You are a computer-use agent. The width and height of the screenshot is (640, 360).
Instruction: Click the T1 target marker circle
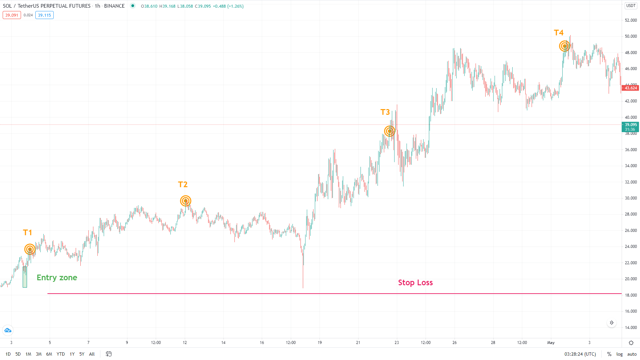pos(30,249)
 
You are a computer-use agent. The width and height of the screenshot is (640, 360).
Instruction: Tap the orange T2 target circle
pos(185,201)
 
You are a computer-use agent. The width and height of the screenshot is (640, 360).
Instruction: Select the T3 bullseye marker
pos(389,131)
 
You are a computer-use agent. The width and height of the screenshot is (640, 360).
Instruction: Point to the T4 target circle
pos(564,46)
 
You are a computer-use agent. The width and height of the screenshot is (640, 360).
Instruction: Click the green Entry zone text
pos(57,278)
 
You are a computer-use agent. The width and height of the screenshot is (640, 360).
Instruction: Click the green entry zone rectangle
pos(25,277)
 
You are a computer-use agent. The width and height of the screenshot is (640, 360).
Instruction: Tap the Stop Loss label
pos(415,283)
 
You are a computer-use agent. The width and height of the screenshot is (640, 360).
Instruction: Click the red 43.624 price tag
pos(630,88)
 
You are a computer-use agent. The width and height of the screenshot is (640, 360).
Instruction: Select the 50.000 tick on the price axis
pos(631,36)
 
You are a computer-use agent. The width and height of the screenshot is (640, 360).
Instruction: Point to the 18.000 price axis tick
pos(631,295)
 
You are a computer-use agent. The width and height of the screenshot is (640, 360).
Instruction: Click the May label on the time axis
pos(551,343)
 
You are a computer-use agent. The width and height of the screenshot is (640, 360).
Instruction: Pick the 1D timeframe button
pos(8,354)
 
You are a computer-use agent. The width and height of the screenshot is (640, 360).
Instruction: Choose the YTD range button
pos(61,354)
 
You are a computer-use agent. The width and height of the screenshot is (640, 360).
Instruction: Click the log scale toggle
pos(619,354)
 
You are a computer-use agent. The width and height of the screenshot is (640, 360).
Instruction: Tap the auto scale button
pos(632,354)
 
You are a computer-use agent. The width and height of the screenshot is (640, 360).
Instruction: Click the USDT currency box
pos(631,6)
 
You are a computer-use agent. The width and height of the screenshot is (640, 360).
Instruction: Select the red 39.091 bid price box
pos(12,15)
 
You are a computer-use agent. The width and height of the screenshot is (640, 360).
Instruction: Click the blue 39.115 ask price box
pos(44,15)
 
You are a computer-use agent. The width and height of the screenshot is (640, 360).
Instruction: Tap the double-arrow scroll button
pos(611,323)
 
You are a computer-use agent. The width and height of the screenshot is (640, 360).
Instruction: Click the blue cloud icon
pos(8,330)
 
